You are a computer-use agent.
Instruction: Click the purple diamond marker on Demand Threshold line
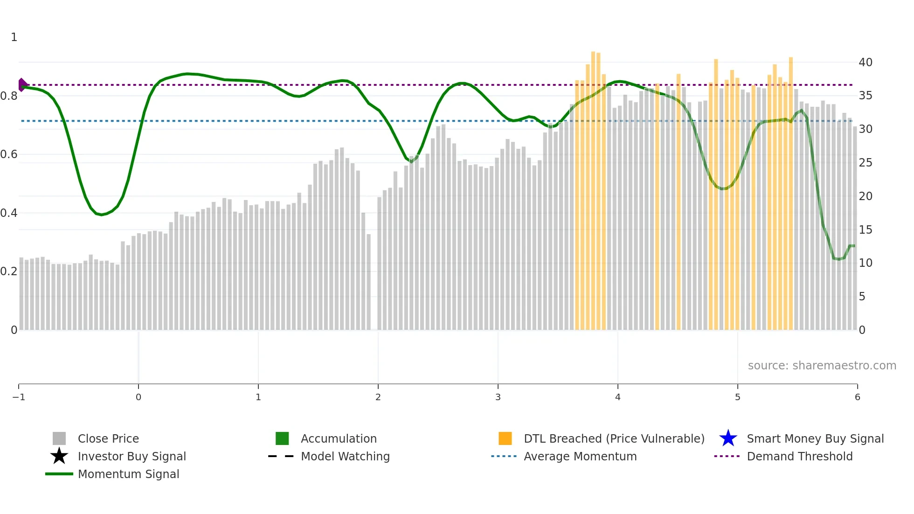pos(22,85)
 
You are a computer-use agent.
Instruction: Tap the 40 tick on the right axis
pos(865,63)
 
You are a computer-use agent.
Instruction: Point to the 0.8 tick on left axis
pos(9,96)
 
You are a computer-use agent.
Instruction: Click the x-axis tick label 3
pos(498,397)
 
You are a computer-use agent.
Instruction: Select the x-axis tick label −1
pos(19,397)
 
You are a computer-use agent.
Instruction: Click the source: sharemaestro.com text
pos(822,366)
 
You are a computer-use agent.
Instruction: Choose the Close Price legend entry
pos(108,438)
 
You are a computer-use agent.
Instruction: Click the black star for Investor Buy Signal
pos(59,456)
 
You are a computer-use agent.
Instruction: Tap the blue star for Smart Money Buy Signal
pos(728,438)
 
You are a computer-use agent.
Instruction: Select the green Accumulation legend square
pos(282,438)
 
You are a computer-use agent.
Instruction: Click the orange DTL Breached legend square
pos(505,438)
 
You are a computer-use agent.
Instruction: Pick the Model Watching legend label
pos(345,456)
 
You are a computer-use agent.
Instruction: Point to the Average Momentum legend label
pos(580,456)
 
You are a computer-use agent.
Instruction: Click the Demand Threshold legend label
pos(799,456)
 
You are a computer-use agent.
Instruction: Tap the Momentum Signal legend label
pos(128,474)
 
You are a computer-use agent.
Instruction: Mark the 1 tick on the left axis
pos(14,37)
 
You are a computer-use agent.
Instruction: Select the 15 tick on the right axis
pos(865,230)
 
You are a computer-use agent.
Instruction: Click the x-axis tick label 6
pos(857,397)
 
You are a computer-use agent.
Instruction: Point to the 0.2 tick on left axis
pos(9,271)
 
